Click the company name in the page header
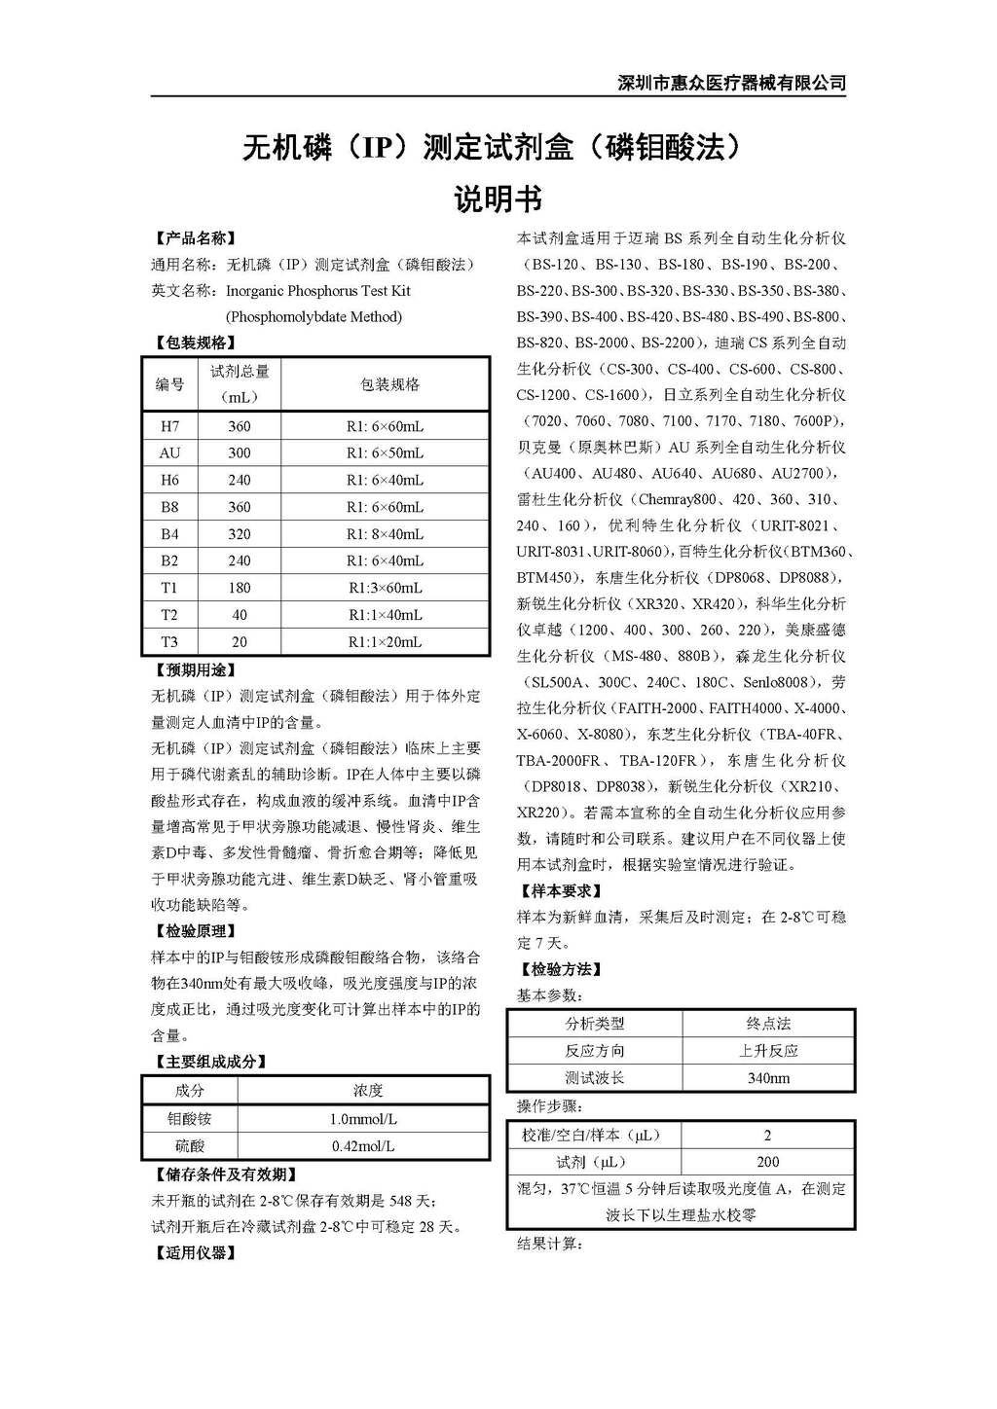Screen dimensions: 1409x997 [732, 83]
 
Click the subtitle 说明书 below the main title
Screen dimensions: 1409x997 [498, 199]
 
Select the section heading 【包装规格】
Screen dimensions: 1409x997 [195, 343]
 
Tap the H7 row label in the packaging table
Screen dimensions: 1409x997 [169, 426]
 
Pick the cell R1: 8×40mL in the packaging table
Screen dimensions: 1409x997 [385, 534]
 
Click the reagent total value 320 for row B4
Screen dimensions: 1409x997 [240, 534]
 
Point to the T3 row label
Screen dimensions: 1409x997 [169, 642]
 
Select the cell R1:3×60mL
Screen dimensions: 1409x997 [385, 588]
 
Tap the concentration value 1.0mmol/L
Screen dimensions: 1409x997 [363, 1119]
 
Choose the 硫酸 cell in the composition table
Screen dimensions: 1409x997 [190, 1146]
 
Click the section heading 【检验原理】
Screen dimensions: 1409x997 [195, 931]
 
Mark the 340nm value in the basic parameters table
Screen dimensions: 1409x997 [768, 1078]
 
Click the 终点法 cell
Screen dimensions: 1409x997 [768, 1024]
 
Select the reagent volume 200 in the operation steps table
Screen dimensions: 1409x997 [768, 1162]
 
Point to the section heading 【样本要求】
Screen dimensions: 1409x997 [561, 890]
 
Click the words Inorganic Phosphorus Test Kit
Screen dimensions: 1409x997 [318, 291]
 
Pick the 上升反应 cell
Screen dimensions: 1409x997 [768, 1051]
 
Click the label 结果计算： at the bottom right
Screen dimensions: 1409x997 [549, 1244]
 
